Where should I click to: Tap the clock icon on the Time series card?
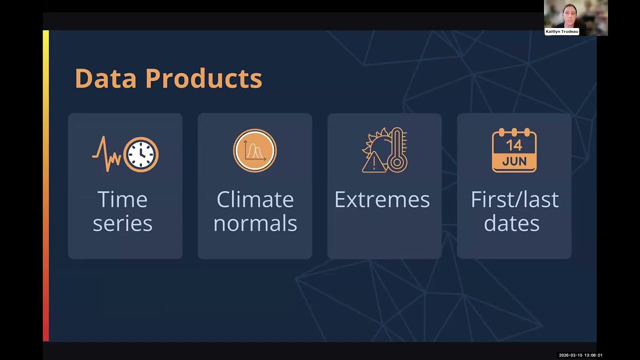[141, 154]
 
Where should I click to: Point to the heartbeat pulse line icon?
[106, 154]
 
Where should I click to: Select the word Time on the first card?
[122, 199]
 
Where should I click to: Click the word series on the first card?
[122, 223]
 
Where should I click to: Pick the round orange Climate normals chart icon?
[255, 150]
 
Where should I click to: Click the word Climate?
[255, 199]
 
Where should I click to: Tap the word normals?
[255, 223]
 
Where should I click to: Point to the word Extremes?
[382, 199]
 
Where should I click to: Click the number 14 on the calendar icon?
[514, 145]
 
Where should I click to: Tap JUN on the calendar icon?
[514, 161]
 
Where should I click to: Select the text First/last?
[514, 199]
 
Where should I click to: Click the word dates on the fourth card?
[511, 223]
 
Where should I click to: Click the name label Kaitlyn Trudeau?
[562, 31]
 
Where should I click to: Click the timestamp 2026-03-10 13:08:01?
[580, 355]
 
